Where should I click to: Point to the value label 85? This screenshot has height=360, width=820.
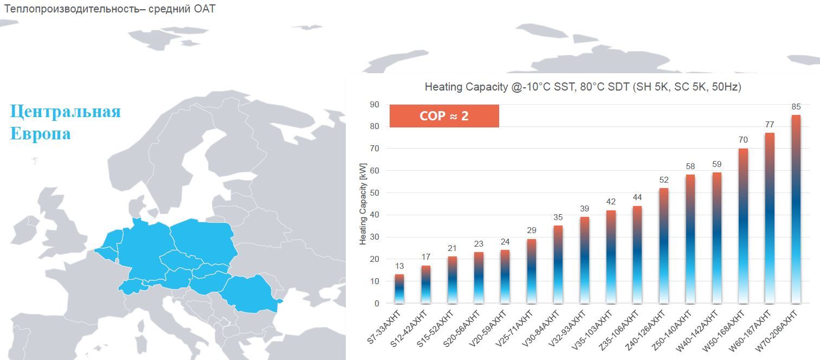(x=796, y=107)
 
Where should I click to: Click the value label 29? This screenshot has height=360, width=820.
(x=531, y=231)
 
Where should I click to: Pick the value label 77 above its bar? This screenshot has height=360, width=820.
(x=770, y=125)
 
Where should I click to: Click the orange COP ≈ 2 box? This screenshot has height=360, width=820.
(x=444, y=116)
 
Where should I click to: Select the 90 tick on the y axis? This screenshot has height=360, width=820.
(x=375, y=104)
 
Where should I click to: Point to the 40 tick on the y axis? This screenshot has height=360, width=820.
(x=375, y=215)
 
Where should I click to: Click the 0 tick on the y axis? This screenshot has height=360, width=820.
(x=377, y=304)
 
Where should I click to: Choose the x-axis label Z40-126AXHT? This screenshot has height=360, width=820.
(x=647, y=327)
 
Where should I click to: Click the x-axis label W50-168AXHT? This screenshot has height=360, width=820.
(x=727, y=327)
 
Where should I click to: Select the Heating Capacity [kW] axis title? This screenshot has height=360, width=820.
(x=363, y=204)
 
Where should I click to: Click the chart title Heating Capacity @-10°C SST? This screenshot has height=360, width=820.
(x=583, y=87)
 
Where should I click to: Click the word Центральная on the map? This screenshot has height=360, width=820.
(x=65, y=111)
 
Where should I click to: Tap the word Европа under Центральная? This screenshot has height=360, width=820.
(x=40, y=133)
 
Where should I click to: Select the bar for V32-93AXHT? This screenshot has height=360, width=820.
(x=584, y=260)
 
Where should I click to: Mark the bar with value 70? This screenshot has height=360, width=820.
(x=743, y=226)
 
